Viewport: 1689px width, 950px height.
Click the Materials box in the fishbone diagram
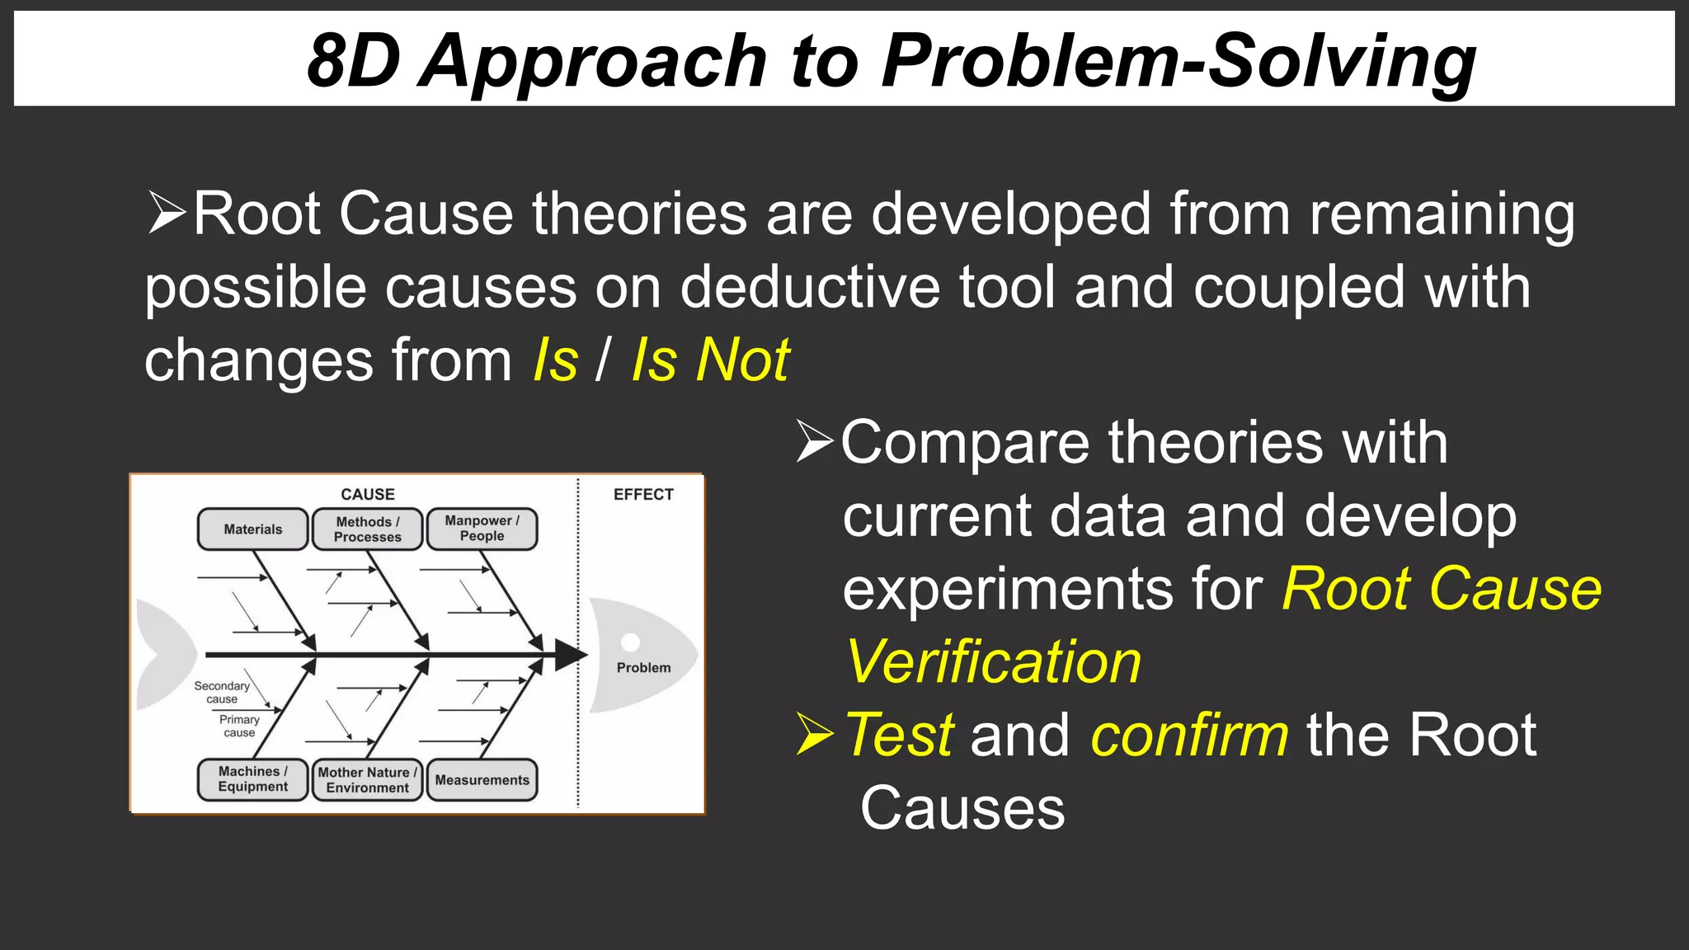click(252, 529)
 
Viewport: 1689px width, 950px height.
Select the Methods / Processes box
click(367, 529)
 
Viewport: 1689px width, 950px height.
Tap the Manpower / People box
click(482, 529)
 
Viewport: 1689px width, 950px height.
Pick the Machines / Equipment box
click(252, 779)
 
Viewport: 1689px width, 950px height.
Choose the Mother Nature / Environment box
click(367, 780)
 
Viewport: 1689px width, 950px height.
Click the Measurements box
click(482, 780)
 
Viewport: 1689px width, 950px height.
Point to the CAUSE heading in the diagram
click(368, 494)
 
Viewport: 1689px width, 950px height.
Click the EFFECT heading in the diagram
click(643, 494)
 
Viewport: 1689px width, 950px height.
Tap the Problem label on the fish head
click(643, 668)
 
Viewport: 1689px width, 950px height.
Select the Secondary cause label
click(221, 692)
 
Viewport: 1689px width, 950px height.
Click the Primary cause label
click(239, 726)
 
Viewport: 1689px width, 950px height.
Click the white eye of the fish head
click(631, 642)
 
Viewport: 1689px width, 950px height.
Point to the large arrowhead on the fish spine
click(571, 656)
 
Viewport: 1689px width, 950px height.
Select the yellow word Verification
click(994, 662)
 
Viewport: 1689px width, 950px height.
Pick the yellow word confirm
click(1189, 735)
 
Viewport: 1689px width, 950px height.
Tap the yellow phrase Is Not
click(710, 360)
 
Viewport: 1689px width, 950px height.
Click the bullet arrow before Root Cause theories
click(167, 213)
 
